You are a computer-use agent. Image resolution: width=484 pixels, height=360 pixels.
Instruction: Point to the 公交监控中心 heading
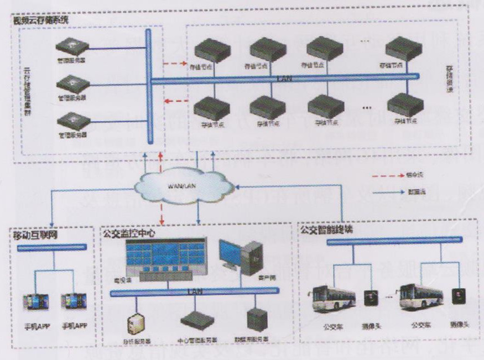[129, 234]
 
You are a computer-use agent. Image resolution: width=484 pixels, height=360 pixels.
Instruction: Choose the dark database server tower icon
[258, 319]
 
